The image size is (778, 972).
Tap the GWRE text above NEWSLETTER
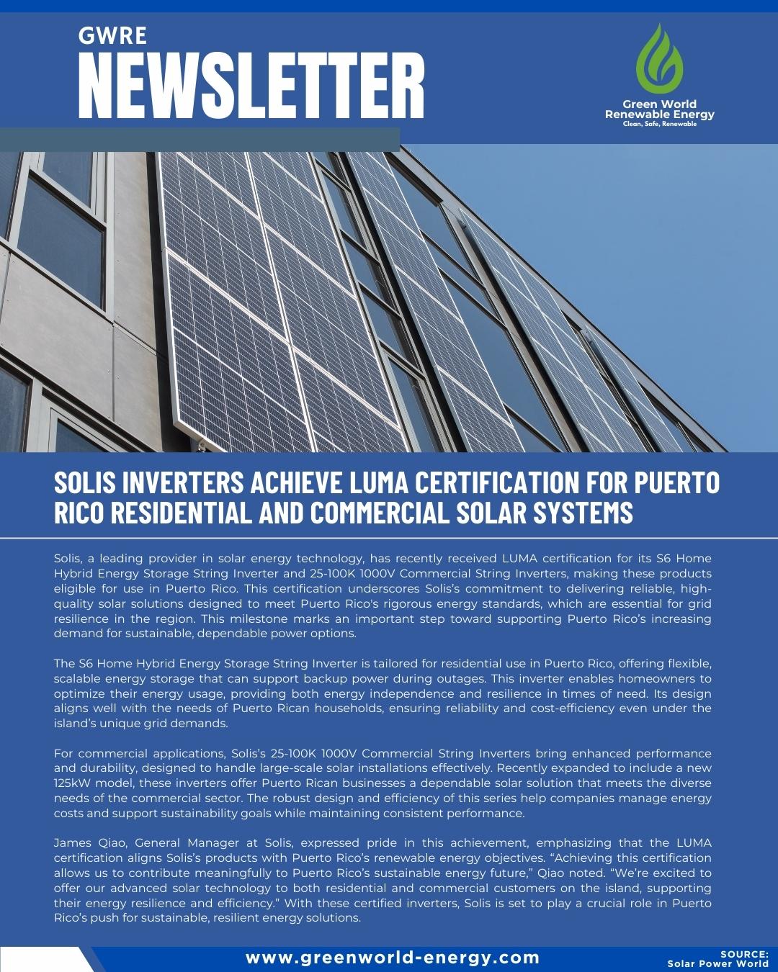tap(112, 35)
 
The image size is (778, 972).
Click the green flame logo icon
tap(659, 58)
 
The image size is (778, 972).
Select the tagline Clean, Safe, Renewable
tap(659, 124)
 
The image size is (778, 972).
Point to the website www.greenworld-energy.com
tap(393, 958)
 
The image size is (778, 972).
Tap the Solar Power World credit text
tap(717, 964)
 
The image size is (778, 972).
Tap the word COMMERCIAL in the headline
tap(380, 513)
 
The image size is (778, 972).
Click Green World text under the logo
tap(659, 104)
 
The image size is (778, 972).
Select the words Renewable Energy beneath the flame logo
tap(659, 114)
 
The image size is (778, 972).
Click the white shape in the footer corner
tap(47, 960)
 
